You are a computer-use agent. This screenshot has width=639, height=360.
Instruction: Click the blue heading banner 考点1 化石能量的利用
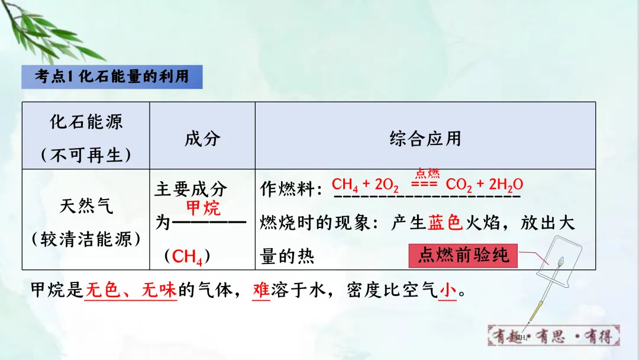pyautogui.click(x=112, y=77)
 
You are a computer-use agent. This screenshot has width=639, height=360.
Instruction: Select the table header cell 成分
pyautogui.click(x=202, y=139)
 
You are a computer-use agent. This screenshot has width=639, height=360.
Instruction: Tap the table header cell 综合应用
pyautogui.click(x=425, y=139)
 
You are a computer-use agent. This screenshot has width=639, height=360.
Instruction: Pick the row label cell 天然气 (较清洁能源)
pyautogui.click(x=86, y=222)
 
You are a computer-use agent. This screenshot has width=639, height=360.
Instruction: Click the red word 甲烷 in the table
pyautogui.click(x=203, y=208)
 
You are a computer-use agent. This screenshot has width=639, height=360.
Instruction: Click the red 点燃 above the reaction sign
pyautogui.click(x=427, y=173)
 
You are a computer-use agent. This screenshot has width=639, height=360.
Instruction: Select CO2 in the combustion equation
pyautogui.click(x=459, y=185)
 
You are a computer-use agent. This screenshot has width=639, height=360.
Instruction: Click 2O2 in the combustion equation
pyautogui.click(x=386, y=185)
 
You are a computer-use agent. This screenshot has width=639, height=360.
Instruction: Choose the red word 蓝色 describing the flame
pyautogui.click(x=445, y=223)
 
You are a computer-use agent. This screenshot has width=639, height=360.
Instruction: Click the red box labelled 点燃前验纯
pyautogui.click(x=463, y=255)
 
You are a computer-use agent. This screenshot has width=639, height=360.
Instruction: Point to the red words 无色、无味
pyautogui.click(x=131, y=290)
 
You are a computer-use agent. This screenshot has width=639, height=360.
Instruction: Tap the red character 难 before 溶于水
pyautogui.click(x=261, y=290)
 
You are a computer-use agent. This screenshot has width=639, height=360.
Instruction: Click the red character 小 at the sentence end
pyautogui.click(x=447, y=290)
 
